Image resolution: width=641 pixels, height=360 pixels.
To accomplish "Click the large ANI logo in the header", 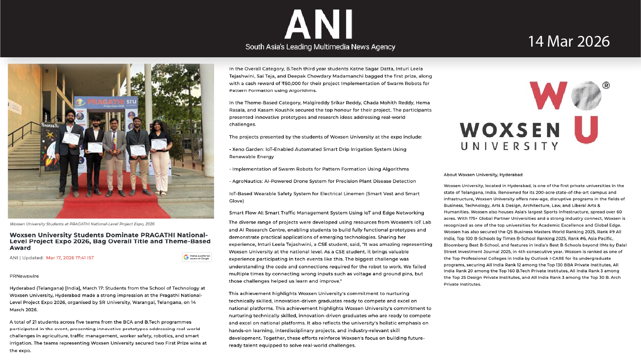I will pos(319,25).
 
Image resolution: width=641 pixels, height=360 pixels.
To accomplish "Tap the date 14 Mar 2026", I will pos(568,41).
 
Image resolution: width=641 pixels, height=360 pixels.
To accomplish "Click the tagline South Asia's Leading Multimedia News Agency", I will pos(320,47).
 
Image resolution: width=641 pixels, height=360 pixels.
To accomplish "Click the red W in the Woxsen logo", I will pos(548,95).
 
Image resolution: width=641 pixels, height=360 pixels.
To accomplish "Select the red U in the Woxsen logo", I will pos(586,130).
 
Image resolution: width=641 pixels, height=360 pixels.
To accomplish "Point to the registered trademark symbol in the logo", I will pos(606,86).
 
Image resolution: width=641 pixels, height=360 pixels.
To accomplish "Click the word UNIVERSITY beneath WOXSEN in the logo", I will pos(509,146).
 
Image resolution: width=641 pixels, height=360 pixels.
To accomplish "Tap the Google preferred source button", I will pos(197,257).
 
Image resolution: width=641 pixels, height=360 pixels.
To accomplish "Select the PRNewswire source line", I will pos(24,276).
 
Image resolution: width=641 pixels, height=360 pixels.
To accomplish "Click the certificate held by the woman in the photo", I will pos(159,144).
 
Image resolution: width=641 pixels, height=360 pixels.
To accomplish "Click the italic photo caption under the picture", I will pos(82,224).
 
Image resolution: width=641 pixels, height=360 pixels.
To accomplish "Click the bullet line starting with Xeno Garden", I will pos(319,150).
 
